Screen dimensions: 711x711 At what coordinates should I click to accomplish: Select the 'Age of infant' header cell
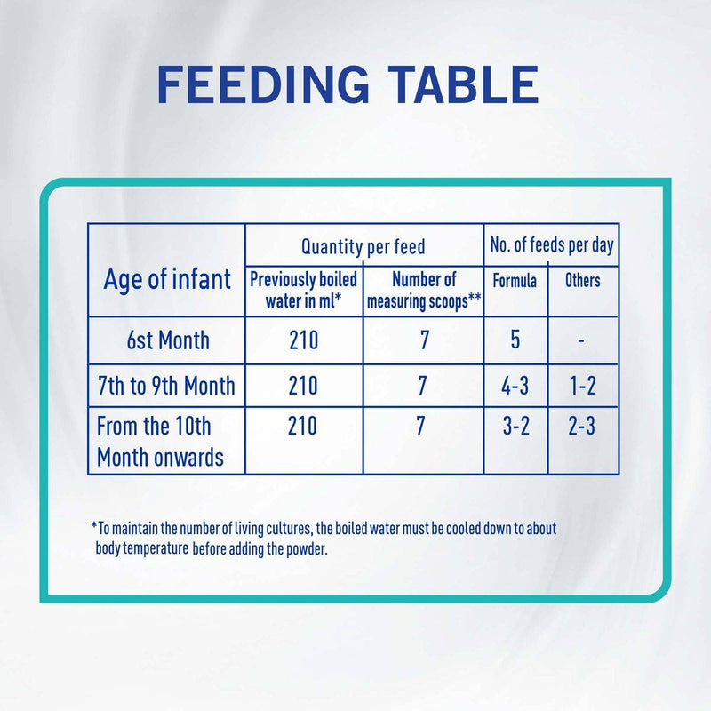click(167, 279)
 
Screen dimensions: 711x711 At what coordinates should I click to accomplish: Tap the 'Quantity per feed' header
click(363, 246)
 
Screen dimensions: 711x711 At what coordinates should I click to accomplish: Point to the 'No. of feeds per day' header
click(552, 244)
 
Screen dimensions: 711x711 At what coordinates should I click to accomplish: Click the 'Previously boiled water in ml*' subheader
click(303, 291)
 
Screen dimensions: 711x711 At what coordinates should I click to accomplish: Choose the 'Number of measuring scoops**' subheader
click(424, 291)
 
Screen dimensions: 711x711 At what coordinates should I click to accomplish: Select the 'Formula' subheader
click(515, 281)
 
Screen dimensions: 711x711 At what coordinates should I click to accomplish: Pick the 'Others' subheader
click(583, 281)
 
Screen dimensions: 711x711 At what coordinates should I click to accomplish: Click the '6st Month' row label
click(167, 340)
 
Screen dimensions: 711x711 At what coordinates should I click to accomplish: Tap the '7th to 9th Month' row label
click(167, 385)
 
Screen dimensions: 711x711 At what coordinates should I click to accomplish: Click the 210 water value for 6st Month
click(302, 340)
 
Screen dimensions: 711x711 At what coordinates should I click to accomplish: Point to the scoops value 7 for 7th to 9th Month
click(422, 385)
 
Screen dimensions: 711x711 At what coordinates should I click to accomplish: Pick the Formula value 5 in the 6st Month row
click(515, 340)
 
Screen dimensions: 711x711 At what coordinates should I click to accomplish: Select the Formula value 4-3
click(515, 385)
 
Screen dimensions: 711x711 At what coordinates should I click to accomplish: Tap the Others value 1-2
click(582, 385)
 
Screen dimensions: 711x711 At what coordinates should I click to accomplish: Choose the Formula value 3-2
click(515, 427)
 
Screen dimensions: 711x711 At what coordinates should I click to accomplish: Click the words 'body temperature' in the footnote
click(141, 549)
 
